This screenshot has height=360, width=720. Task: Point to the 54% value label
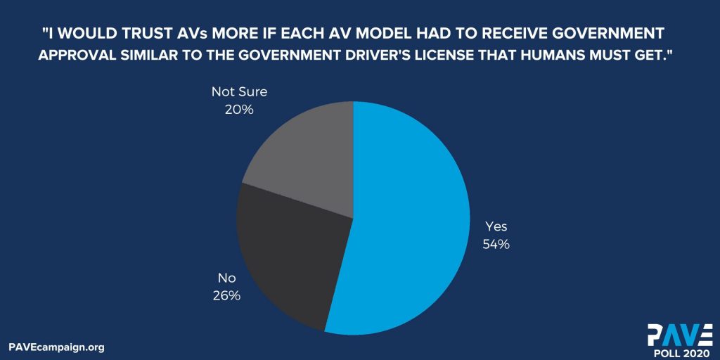[x=496, y=244]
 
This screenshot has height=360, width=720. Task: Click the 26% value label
[x=226, y=295]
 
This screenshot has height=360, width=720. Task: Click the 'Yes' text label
[x=496, y=226]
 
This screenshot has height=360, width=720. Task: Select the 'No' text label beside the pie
[x=226, y=278]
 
